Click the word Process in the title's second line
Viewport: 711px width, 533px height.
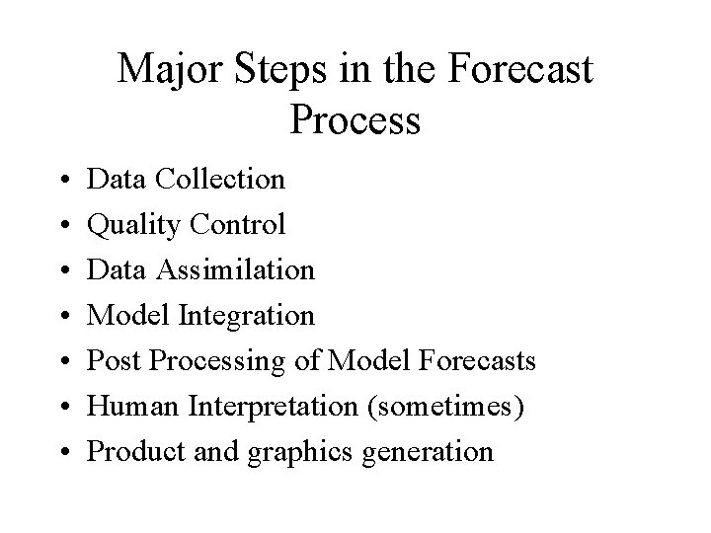[x=356, y=120]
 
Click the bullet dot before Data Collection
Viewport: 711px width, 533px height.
[x=62, y=181]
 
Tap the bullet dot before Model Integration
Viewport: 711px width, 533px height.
[x=62, y=317]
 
